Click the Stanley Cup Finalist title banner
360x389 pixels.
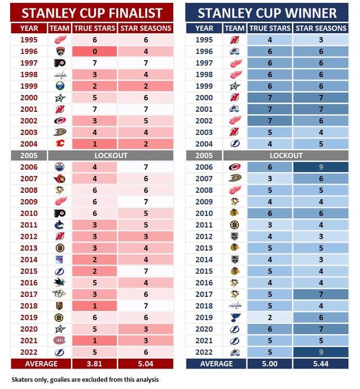[x=92, y=12]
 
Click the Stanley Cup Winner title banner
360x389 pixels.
[x=267, y=12]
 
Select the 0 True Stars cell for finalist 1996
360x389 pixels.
[x=94, y=51]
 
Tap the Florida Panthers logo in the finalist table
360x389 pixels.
[x=60, y=51]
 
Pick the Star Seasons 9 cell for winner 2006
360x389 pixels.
[x=321, y=167]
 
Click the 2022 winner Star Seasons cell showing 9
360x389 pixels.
[x=321, y=352]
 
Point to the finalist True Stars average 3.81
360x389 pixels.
[x=94, y=364]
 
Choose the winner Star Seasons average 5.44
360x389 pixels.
[x=321, y=364]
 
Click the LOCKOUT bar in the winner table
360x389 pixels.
[x=286, y=156]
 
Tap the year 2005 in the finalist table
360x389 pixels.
[x=29, y=156]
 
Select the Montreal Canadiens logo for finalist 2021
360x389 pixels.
[x=59, y=341]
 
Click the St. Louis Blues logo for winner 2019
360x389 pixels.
[x=235, y=317]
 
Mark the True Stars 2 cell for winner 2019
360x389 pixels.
[x=269, y=317]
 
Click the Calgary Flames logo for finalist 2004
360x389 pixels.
[x=60, y=144]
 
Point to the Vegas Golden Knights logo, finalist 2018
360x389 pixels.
[x=59, y=306]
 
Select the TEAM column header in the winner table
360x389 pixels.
[x=235, y=28]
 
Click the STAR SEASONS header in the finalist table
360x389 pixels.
[x=146, y=28]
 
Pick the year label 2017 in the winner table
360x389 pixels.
[x=204, y=294]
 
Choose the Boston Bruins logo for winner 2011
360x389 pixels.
[x=235, y=225]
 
